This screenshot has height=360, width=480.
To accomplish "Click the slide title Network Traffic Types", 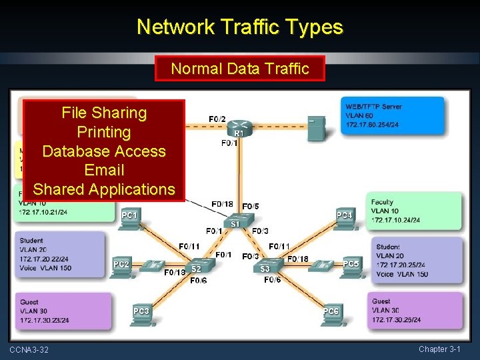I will tap(239, 27).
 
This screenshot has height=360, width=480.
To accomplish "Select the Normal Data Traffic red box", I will tap(239, 68).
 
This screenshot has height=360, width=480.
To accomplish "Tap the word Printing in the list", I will tap(104, 132).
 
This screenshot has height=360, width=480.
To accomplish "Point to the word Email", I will tap(104, 170).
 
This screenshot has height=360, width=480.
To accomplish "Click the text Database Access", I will tap(104, 151).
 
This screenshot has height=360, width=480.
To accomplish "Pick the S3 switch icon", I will tap(267, 265).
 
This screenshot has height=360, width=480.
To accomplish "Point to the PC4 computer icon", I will tap(344, 220).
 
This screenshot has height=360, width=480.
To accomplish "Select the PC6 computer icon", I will tap(331, 315).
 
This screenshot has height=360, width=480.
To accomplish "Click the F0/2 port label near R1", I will tap(217, 119).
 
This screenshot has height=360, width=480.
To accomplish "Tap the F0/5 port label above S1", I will tap(251, 207).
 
